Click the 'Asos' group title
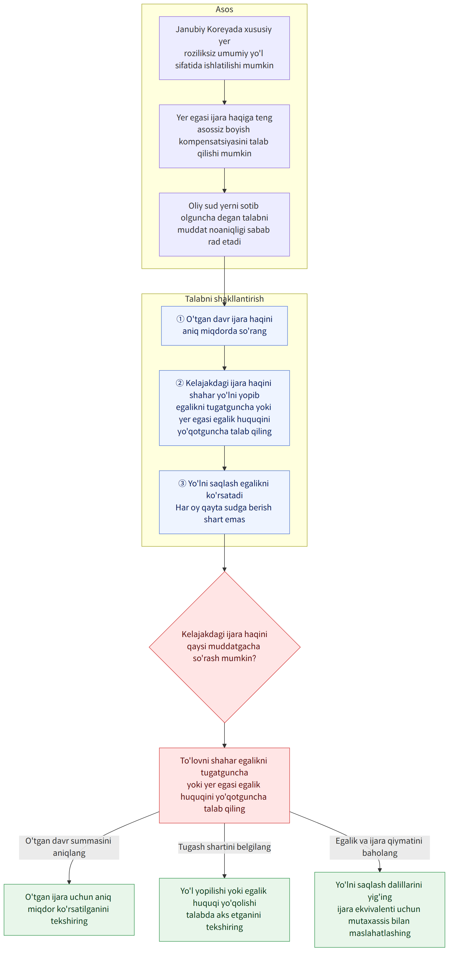coord(224,9)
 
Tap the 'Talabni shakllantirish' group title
coord(224,299)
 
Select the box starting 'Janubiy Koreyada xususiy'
coord(224,48)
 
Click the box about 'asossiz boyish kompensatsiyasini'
coord(224,136)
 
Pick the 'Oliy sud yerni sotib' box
coord(224,224)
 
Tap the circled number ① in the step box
coord(180,319)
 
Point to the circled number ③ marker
coord(182,483)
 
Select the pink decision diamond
coord(225,647)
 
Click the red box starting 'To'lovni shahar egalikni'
coord(224,785)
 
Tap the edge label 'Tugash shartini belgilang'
coord(224,847)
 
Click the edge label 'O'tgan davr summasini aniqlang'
coord(69,847)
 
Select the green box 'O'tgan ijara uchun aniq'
coord(69,909)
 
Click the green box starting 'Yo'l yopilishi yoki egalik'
coord(224,909)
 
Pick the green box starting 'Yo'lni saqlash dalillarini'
coord(380,909)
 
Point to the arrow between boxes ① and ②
coord(224,358)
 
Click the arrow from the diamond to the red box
coord(224,735)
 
